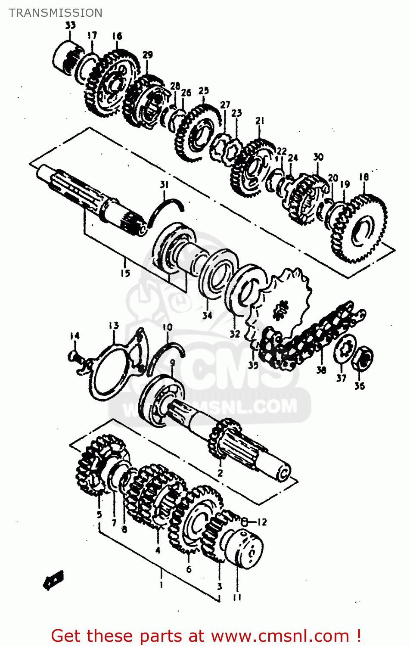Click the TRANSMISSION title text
pyautogui.click(x=56, y=13)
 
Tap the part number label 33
pyautogui.click(x=70, y=25)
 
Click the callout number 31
pyautogui.click(x=164, y=185)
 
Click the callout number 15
pyautogui.click(x=125, y=273)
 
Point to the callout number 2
pyautogui.click(x=220, y=473)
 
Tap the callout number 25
pyautogui.click(x=203, y=90)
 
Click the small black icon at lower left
pyautogui.click(x=54, y=580)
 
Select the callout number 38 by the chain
pyautogui.click(x=321, y=370)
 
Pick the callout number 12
pyautogui.click(x=262, y=522)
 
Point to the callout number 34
pyautogui.click(x=207, y=315)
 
